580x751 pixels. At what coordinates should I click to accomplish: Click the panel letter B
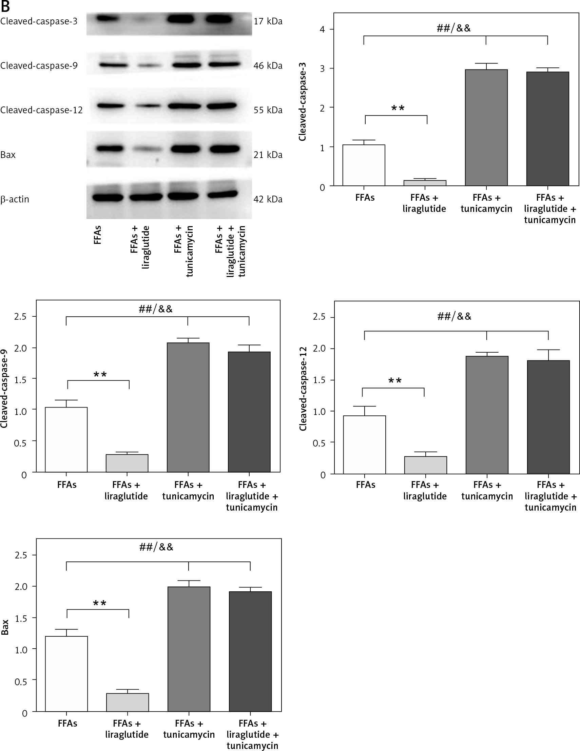5,6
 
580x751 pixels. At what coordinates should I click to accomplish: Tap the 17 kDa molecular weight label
268,21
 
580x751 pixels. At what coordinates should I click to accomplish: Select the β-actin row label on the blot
15,199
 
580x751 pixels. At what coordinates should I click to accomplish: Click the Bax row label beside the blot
8,155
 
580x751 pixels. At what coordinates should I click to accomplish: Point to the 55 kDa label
268,110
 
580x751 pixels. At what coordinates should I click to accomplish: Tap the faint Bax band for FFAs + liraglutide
146,150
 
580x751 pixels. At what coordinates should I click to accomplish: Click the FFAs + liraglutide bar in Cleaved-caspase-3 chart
425,183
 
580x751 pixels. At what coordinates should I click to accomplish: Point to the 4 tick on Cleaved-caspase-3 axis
322,29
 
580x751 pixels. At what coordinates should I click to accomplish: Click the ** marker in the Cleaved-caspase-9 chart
100,374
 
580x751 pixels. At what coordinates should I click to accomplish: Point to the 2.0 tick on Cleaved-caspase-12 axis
319,349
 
